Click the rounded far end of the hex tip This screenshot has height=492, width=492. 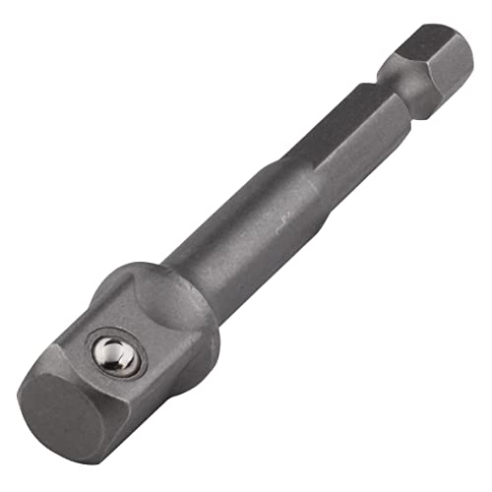pyautogui.click(x=467, y=49)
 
